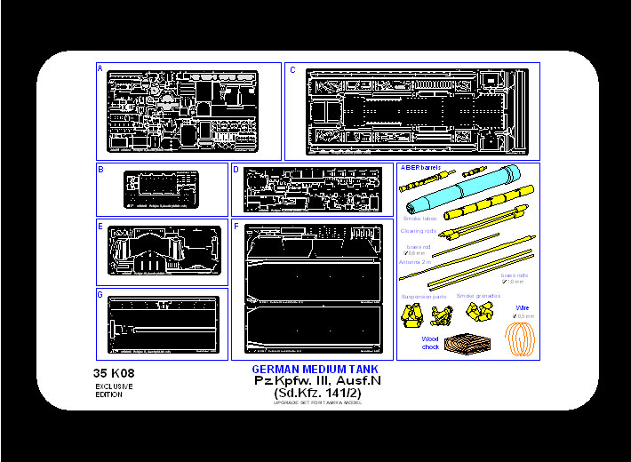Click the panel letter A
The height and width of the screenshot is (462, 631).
pyautogui.click(x=100, y=68)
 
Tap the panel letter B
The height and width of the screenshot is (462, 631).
pyautogui.click(x=100, y=169)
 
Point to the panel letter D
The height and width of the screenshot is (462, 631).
pyautogui.click(x=236, y=169)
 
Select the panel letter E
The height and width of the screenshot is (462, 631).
pyautogui.click(x=100, y=226)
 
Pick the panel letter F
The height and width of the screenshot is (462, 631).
pyautogui.click(x=236, y=226)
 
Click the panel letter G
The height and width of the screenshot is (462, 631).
pyautogui.click(x=100, y=294)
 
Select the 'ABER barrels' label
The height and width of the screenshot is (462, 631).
pyautogui.click(x=421, y=168)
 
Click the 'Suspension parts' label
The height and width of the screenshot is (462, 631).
pyautogui.click(x=424, y=296)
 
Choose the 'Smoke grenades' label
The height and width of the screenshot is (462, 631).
pyautogui.click(x=477, y=296)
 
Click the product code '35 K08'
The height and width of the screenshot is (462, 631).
pyautogui.click(x=113, y=373)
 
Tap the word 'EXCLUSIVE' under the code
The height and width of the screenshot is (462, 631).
pyautogui.click(x=114, y=386)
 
